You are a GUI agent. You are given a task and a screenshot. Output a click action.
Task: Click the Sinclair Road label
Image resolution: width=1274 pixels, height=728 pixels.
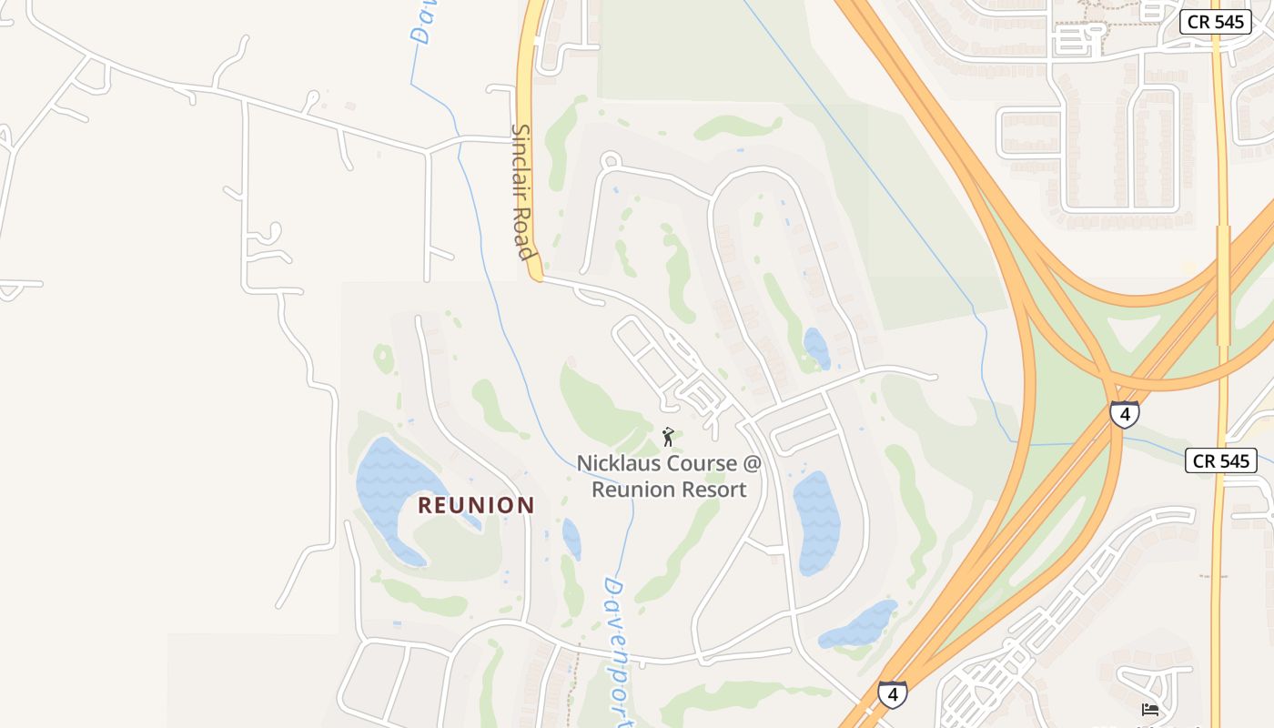tap(521, 191)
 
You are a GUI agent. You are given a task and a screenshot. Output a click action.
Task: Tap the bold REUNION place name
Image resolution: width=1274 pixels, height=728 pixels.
tap(476, 505)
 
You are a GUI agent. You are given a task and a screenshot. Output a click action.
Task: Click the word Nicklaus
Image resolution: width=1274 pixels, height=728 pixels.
tap(619, 463)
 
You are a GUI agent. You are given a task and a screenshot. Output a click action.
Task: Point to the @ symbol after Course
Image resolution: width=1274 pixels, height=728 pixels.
tap(751, 463)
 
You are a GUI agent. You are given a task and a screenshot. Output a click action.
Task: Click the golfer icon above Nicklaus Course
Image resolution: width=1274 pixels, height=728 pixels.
tap(668, 437)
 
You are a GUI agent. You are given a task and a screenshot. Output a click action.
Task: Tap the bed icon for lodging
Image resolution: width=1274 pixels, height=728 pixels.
tap(1150, 709)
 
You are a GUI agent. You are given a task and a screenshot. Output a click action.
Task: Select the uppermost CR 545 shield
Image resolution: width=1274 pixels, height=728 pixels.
tap(1215, 22)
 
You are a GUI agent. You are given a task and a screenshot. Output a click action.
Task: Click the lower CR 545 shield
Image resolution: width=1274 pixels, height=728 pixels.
tap(1221, 460)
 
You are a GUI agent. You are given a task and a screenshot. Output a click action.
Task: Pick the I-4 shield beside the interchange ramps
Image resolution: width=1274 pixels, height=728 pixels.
tap(1125, 414)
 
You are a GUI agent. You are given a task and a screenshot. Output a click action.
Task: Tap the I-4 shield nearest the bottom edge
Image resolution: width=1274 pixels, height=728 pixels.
tap(893, 694)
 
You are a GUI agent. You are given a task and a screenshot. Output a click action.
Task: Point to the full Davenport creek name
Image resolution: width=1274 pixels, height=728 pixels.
tap(622, 651)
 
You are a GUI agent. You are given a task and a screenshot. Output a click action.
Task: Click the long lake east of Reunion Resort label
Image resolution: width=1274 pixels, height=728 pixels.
tap(816, 523)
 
